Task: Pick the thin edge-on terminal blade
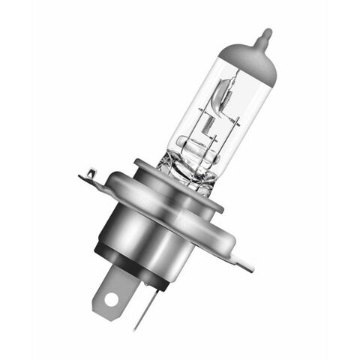tap(145, 307)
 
